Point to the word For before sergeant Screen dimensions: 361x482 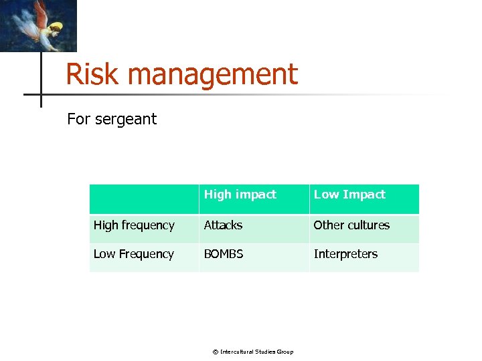pos(79,120)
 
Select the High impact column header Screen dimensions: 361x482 pos(240,195)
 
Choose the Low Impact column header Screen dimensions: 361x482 pos(349,195)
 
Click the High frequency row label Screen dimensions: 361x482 pos(134,225)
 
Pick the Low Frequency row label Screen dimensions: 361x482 pos(133,254)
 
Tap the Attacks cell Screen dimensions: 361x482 pos(223,225)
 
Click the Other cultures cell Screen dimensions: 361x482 pos(351,225)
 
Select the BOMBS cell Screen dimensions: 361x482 pos(224,254)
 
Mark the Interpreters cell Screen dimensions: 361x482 pos(345,254)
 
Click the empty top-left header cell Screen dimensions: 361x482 pos(144,199)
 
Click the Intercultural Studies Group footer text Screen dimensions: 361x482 pos(256,352)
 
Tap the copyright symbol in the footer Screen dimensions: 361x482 pos(215,352)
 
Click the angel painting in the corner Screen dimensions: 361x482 pos(38,25)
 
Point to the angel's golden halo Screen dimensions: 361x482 pos(56,27)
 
